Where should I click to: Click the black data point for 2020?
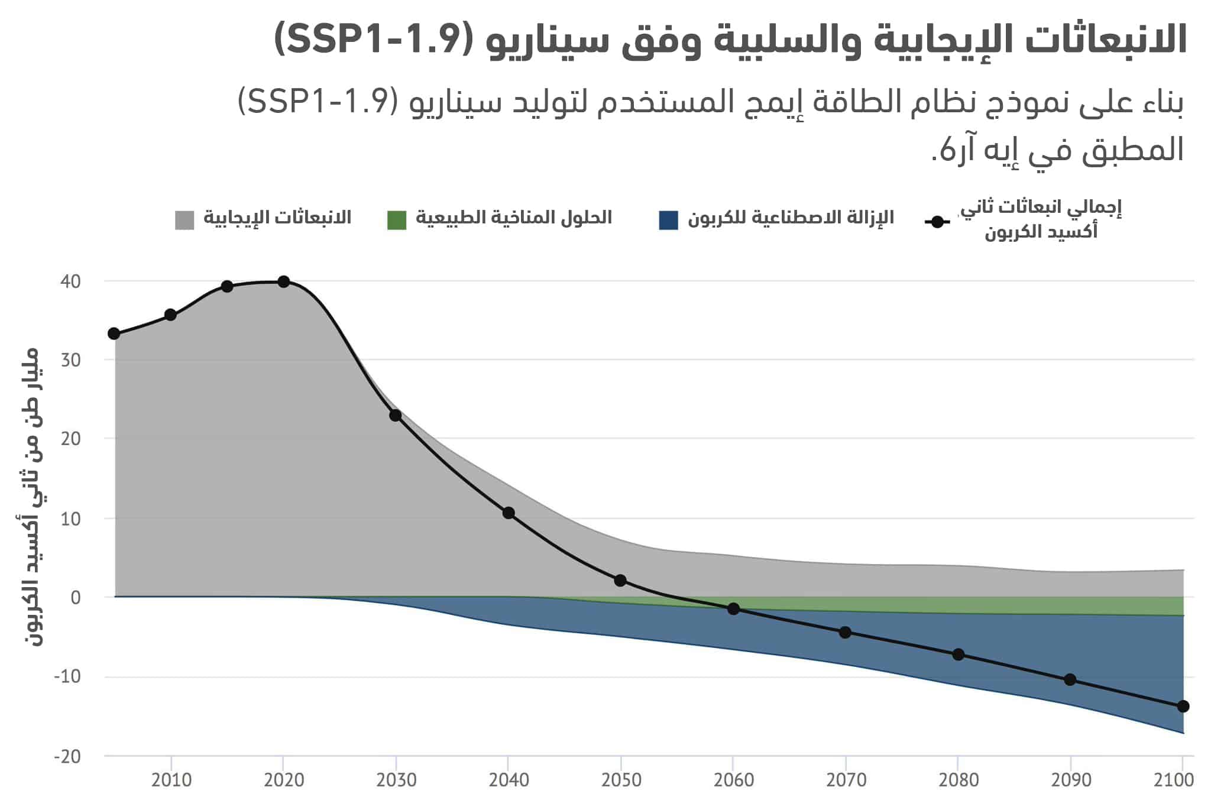[x=283, y=281]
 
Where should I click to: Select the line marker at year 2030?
[x=396, y=416]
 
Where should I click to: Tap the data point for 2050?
[x=620, y=581]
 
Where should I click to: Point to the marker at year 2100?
[x=1183, y=706]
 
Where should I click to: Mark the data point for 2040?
[x=509, y=513]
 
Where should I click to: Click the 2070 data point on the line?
[x=846, y=633]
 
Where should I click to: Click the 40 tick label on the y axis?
[x=70, y=281]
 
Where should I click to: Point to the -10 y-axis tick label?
[x=67, y=676]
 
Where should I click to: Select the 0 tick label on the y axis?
[x=75, y=598]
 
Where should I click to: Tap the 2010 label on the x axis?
[x=171, y=780]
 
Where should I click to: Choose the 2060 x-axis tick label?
[x=733, y=780]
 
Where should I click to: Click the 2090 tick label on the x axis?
[x=1071, y=780]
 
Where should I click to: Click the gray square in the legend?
[x=184, y=220]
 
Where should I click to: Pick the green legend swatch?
[x=397, y=220]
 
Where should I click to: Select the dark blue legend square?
[x=668, y=220]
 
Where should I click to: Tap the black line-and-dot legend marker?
[x=937, y=222]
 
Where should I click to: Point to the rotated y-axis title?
[x=28, y=497]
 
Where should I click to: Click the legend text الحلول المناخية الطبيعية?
[x=513, y=218]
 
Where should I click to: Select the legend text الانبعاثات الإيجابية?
[x=277, y=218]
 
